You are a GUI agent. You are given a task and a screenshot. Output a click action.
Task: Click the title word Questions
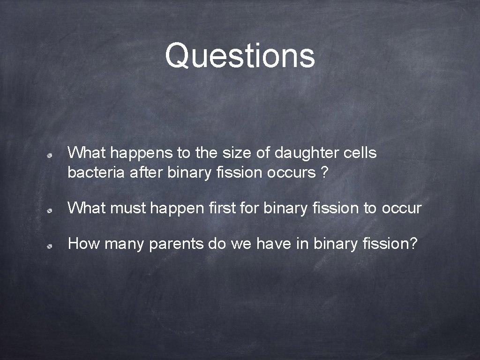pos(240,55)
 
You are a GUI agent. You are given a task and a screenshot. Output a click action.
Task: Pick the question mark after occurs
pos(324,172)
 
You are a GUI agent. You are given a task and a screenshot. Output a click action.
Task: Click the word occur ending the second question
pos(402,208)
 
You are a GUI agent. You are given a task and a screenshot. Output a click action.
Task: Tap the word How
pos(84,244)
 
